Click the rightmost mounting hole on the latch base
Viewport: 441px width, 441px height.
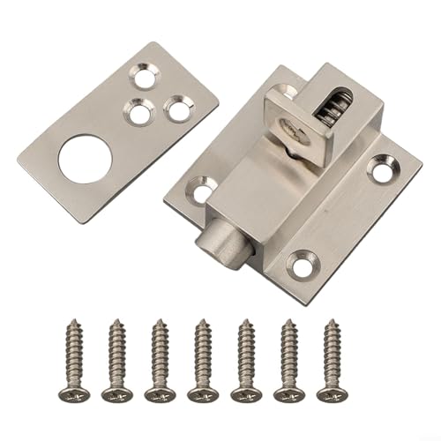click(x=382, y=164)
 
